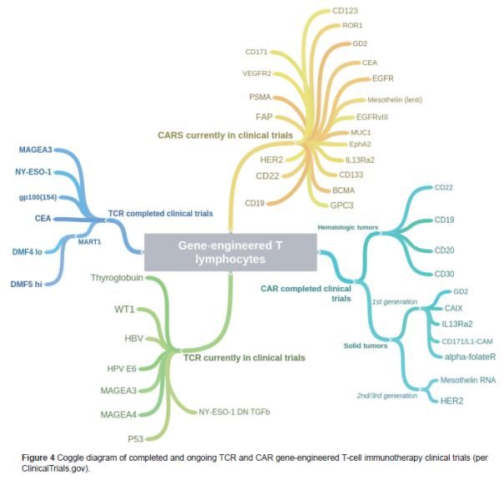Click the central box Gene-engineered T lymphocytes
pos(230,252)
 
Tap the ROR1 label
pos(352,26)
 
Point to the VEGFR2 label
pos(258,73)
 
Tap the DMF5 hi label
pos(28,284)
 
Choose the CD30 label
pos(444,273)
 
